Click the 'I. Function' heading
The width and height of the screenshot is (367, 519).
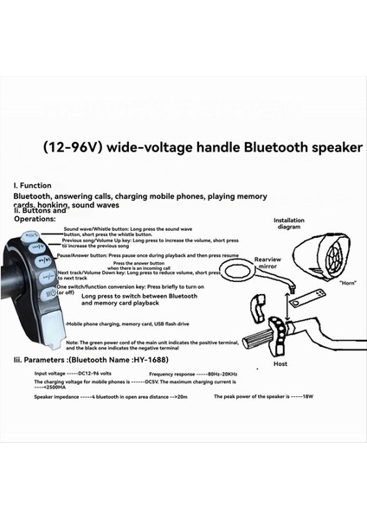32,185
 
